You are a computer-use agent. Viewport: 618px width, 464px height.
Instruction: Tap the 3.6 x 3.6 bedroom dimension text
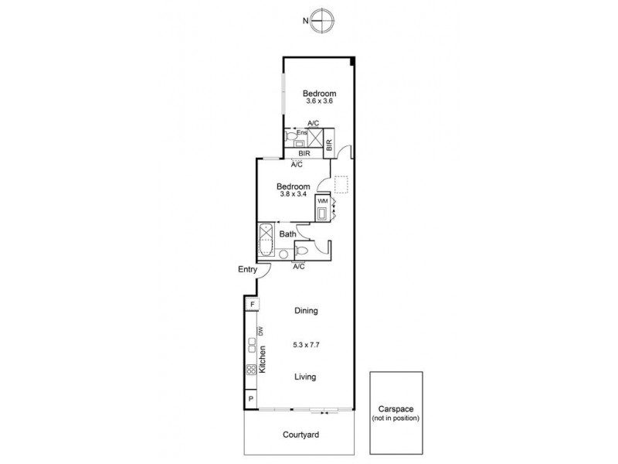319,101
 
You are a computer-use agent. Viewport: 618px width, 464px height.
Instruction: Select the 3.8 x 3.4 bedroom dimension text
294,194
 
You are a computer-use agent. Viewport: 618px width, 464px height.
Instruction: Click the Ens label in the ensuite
302,133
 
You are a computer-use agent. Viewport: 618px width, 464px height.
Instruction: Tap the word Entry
247,270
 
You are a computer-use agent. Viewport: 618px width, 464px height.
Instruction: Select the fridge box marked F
252,305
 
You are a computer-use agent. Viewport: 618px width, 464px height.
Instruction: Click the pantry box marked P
252,399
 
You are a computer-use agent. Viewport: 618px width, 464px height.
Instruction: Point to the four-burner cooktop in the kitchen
251,370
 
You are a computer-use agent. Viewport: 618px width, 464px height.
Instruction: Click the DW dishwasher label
261,331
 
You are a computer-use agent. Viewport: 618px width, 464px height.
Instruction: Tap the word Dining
307,311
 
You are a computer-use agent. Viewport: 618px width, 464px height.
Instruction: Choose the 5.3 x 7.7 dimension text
307,344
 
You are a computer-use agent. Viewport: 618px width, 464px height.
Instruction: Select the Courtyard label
301,435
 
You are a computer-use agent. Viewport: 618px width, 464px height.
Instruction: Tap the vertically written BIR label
329,144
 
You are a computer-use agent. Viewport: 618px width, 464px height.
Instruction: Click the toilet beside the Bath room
304,251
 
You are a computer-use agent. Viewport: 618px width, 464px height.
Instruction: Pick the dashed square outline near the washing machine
341,184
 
